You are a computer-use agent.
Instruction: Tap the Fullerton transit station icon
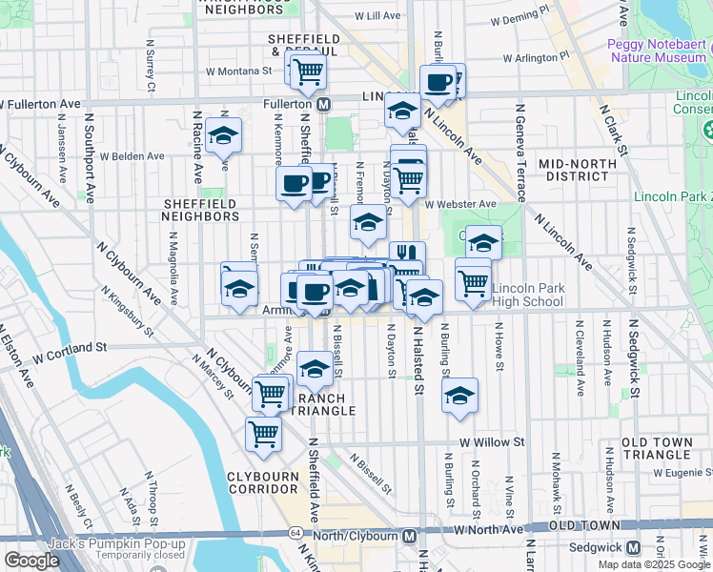[324, 103]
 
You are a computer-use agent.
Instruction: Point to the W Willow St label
[492, 442]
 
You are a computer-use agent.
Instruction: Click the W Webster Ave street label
[461, 204]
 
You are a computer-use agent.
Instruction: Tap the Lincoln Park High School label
[530, 296]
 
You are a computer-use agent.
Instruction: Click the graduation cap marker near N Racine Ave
[223, 135]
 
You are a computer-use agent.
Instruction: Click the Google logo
[32, 561]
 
